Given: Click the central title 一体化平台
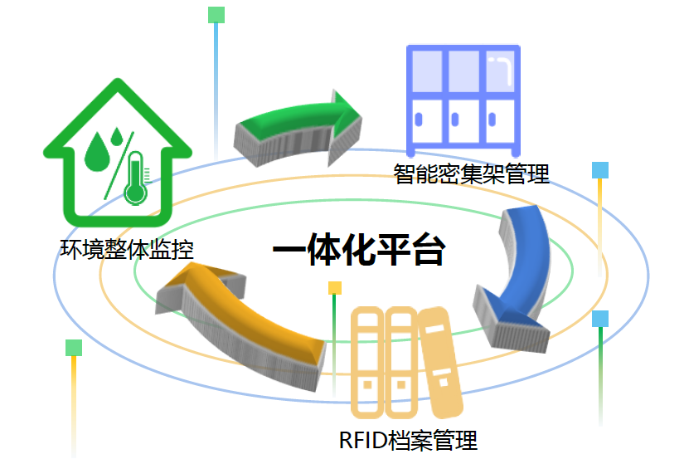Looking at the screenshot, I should [358, 250].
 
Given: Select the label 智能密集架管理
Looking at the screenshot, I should [471, 174].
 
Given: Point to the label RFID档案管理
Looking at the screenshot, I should [408, 439].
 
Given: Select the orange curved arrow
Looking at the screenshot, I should [240, 320].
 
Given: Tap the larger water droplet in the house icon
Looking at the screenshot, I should [98, 154].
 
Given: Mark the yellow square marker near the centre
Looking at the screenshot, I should [335, 288].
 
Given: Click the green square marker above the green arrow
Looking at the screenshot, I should [216, 14].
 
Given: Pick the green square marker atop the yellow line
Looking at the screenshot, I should [74, 347].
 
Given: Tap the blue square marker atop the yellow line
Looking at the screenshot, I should [600, 170].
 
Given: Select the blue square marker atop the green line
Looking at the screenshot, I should [600, 319].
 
